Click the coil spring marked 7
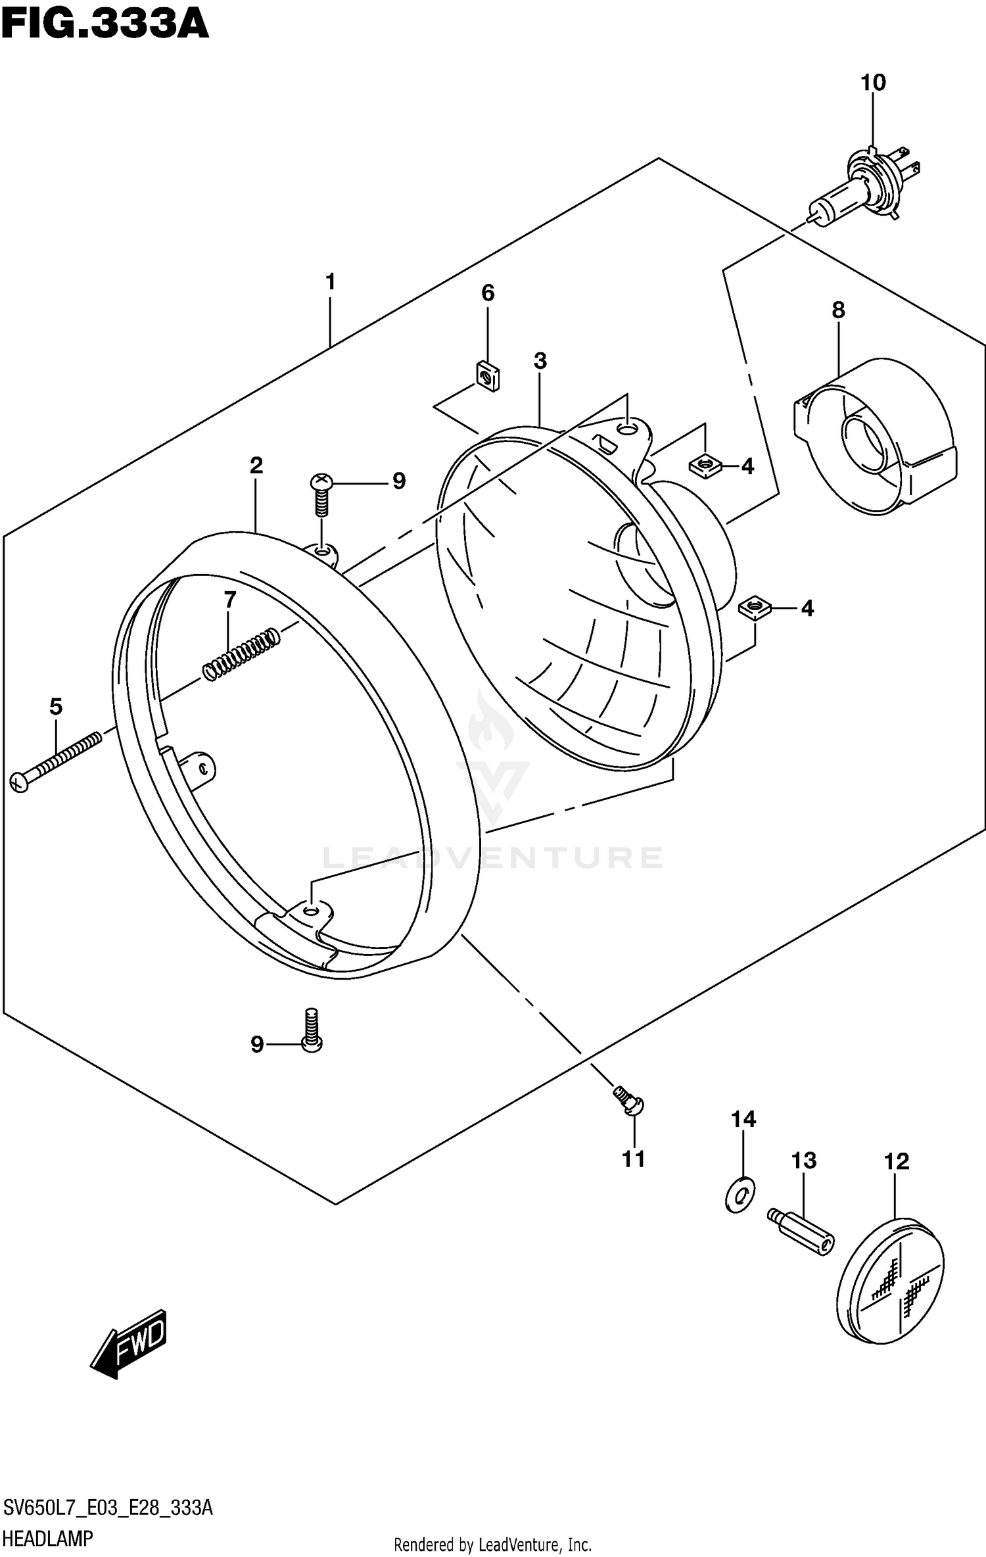(x=241, y=655)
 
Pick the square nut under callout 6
(x=487, y=377)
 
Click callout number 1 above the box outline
(x=330, y=282)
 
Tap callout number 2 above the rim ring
(x=256, y=466)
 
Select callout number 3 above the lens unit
(x=540, y=360)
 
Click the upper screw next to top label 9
(x=321, y=496)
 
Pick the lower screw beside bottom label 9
(x=311, y=1032)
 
